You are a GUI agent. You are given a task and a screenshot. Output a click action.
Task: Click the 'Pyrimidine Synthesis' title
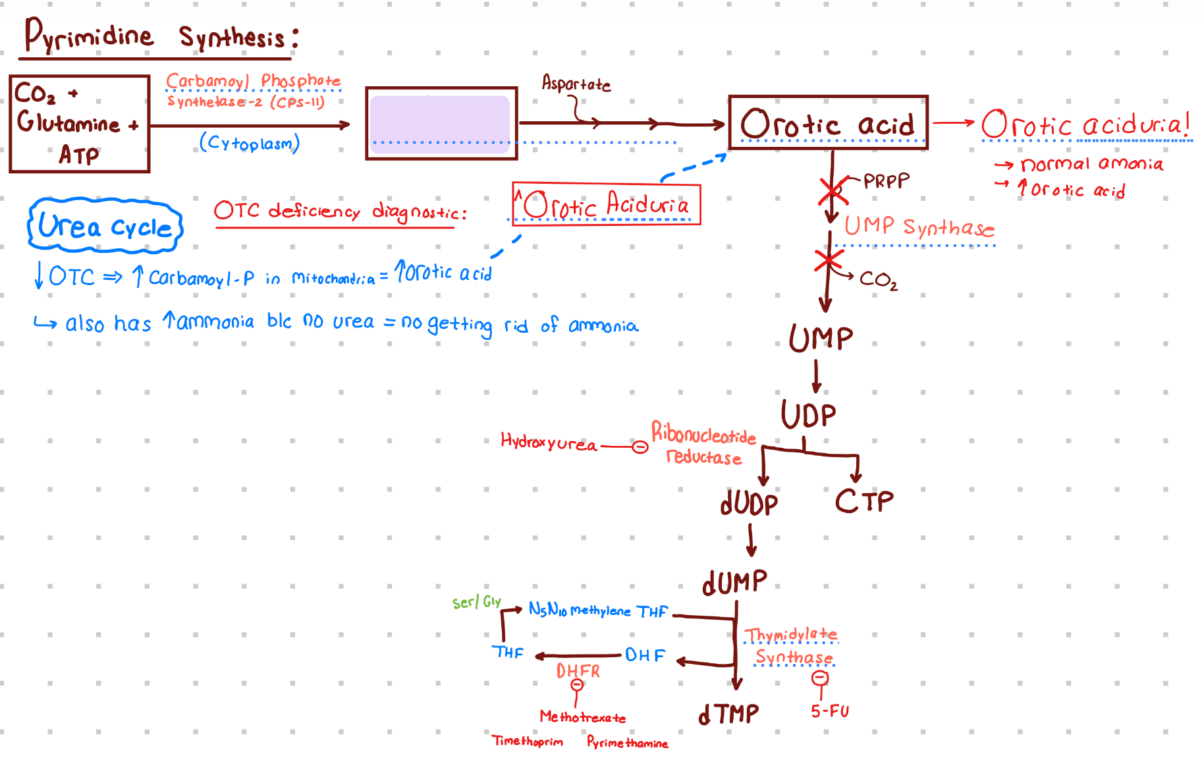[161, 36]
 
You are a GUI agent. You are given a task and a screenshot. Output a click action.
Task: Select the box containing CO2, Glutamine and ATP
[79, 124]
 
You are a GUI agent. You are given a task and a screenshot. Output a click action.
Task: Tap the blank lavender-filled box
[441, 124]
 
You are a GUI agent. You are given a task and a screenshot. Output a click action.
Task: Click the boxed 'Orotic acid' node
[828, 123]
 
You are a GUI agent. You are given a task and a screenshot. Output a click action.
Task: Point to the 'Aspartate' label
[576, 84]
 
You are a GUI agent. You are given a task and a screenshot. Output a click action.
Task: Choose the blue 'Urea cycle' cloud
[105, 226]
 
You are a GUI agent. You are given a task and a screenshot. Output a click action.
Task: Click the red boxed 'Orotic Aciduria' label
[606, 205]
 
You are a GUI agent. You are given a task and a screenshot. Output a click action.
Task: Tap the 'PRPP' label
[887, 180]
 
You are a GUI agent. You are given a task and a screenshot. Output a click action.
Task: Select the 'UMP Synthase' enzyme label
[919, 227]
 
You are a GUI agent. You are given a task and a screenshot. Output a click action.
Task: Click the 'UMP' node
[821, 339]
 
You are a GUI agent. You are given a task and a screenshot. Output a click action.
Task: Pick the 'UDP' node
[808, 415]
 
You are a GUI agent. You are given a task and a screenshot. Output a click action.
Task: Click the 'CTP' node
[864, 502]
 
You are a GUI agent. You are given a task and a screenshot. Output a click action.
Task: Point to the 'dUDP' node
[749, 504]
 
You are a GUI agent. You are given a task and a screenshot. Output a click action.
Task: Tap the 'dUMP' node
[734, 582]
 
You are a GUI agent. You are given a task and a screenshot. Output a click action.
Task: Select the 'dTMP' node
[728, 714]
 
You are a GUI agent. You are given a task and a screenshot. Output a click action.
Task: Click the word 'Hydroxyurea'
[548, 442]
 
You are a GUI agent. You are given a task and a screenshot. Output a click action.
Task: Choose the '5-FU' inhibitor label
[830, 711]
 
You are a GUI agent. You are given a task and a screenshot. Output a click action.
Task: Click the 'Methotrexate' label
[583, 717]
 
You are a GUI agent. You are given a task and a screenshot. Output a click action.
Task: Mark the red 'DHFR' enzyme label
[578, 671]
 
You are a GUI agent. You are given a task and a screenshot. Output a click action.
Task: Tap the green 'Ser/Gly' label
[476, 602]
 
